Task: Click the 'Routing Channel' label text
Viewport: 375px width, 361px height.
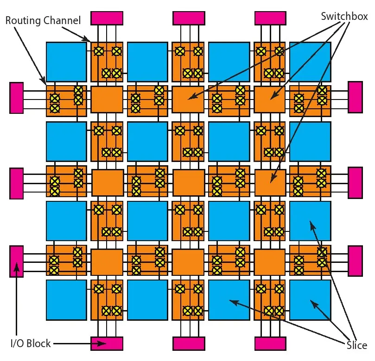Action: (x=43, y=20)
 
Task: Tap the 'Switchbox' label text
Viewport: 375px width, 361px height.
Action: (x=344, y=16)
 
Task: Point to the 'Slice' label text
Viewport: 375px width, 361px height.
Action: (x=356, y=345)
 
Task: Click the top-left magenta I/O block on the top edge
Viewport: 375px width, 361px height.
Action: (x=107, y=18)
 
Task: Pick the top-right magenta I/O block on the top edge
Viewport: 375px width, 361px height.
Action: (x=271, y=18)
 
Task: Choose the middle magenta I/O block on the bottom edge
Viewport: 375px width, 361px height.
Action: (x=189, y=343)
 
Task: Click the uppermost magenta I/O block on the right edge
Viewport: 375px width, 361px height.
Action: (x=355, y=97)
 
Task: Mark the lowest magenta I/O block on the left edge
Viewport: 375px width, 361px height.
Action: (x=16, y=261)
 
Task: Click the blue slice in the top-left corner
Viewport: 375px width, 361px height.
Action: (x=66, y=62)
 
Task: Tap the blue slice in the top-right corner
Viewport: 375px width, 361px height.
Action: (x=310, y=62)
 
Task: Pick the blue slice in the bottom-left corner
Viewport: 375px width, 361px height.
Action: (x=66, y=300)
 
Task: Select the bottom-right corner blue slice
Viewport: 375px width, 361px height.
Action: (x=310, y=300)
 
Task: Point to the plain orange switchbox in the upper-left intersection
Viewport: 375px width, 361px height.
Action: (x=107, y=100)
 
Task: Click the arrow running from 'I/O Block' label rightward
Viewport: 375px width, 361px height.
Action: (x=74, y=343)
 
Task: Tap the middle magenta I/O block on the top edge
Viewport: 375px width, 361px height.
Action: (x=189, y=18)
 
